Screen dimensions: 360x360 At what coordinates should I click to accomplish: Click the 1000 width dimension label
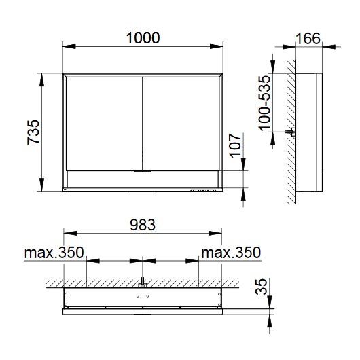143,38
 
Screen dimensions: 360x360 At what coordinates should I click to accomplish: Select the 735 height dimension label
33,132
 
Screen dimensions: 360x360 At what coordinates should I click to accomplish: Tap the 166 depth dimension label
308,38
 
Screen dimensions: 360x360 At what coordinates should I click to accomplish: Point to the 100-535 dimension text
265,103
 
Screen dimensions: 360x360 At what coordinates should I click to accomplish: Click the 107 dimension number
236,145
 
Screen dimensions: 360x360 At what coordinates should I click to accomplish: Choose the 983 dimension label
143,225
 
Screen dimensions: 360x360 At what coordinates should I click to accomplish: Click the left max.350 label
54,253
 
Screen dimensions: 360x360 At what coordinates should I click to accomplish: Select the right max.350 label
231,253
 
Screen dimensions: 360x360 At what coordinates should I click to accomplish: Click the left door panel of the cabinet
104,124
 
